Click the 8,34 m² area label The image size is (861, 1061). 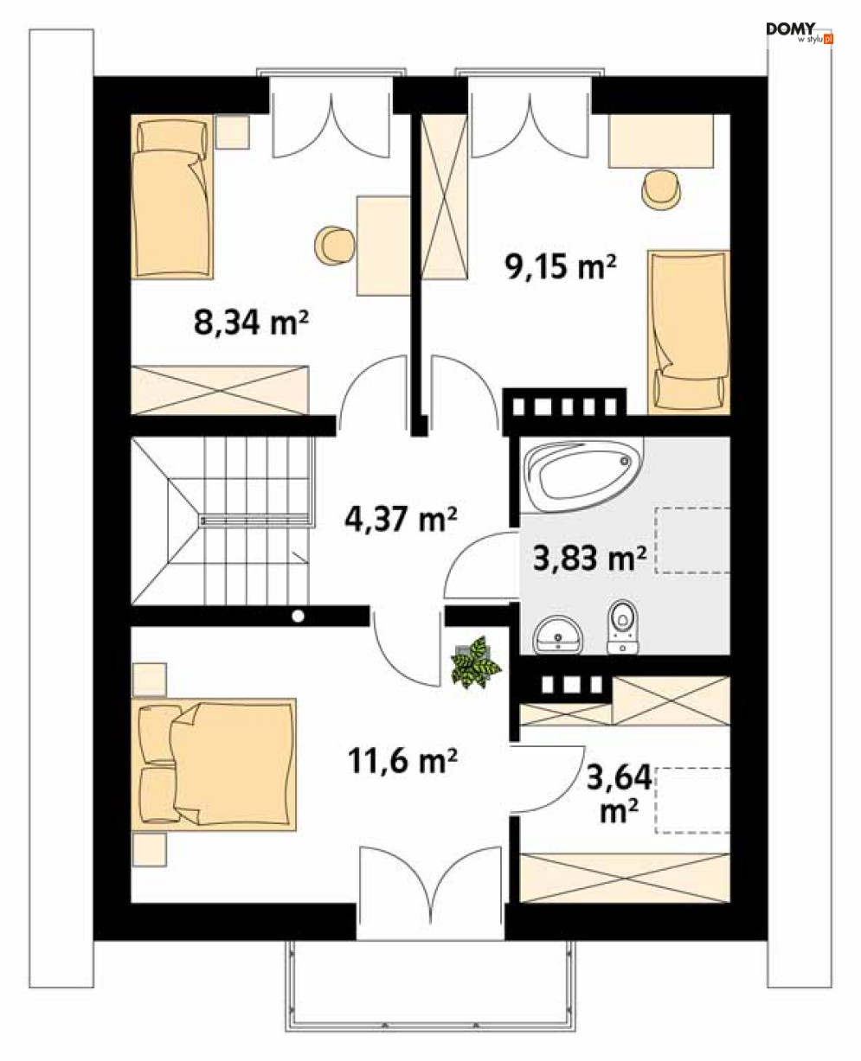pyautogui.click(x=251, y=323)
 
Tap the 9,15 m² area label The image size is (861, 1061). pyautogui.click(x=561, y=266)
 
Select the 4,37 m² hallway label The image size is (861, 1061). pyautogui.click(x=401, y=519)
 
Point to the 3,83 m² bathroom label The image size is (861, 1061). pyautogui.click(x=590, y=558)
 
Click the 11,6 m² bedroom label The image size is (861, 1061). pyautogui.click(x=402, y=761)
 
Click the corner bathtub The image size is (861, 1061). pyautogui.click(x=581, y=475)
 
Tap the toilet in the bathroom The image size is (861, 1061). pyautogui.click(x=623, y=627)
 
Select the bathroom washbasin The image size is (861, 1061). pyautogui.click(x=558, y=635)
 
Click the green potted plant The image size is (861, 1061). pyautogui.click(x=476, y=662)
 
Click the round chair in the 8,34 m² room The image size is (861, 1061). pyautogui.click(x=336, y=245)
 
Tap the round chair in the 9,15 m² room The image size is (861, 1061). pyautogui.click(x=661, y=189)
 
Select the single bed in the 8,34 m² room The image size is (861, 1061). pyautogui.click(x=172, y=197)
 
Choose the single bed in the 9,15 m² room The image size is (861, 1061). pyautogui.click(x=689, y=332)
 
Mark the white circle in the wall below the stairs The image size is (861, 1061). pyautogui.click(x=299, y=617)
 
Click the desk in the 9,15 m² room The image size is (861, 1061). pyautogui.click(x=661, y=141)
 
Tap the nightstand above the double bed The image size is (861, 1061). pyautogui.click(x=150, y=680)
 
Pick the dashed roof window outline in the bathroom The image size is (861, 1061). pyautogui.click(x=692, y=540)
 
